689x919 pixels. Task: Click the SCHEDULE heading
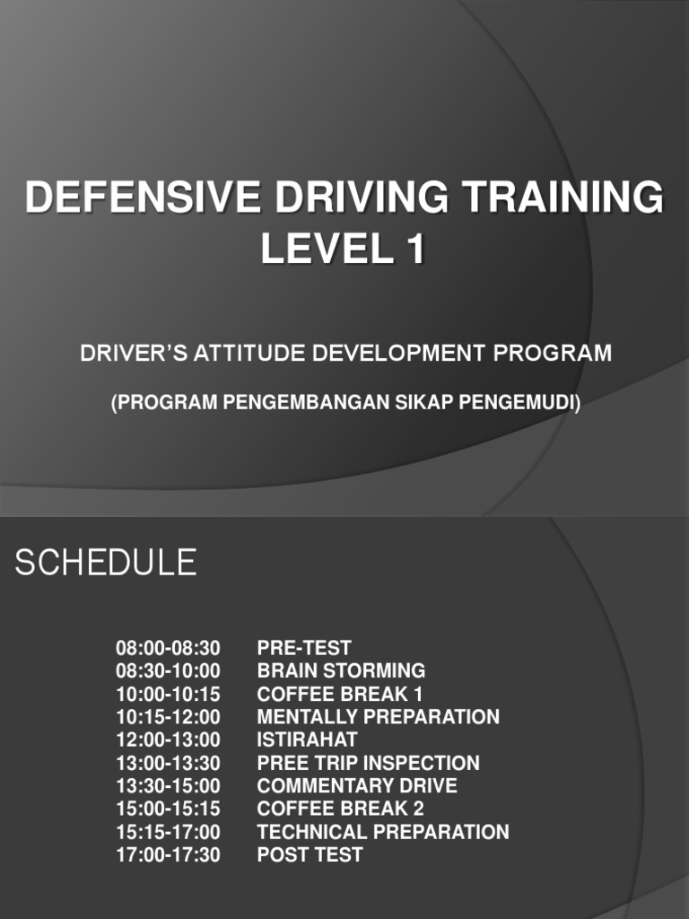(x=106, y=563)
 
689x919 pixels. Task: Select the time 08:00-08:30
(x=168, y=648)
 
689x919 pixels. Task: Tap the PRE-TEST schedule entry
(x=304, y=648)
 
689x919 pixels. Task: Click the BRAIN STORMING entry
(x=341, y=670)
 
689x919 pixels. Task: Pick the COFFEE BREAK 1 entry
(x=340, y=694)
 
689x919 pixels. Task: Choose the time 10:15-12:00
(x=168, y=717)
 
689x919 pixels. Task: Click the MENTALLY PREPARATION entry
(x=378, y=717)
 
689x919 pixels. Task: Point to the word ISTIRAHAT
(x=307, y=740)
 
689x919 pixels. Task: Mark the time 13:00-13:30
(x=168, y=763)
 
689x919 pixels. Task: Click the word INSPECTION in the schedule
(x=423, y=763)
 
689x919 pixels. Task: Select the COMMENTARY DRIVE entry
(x=357, y=786)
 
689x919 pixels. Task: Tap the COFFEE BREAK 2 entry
(x=340, y=809)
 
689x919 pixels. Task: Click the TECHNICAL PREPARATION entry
(x=383, y=832)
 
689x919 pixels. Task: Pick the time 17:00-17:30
(x=168, y=855)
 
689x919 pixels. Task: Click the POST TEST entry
(x=310, y=855)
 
